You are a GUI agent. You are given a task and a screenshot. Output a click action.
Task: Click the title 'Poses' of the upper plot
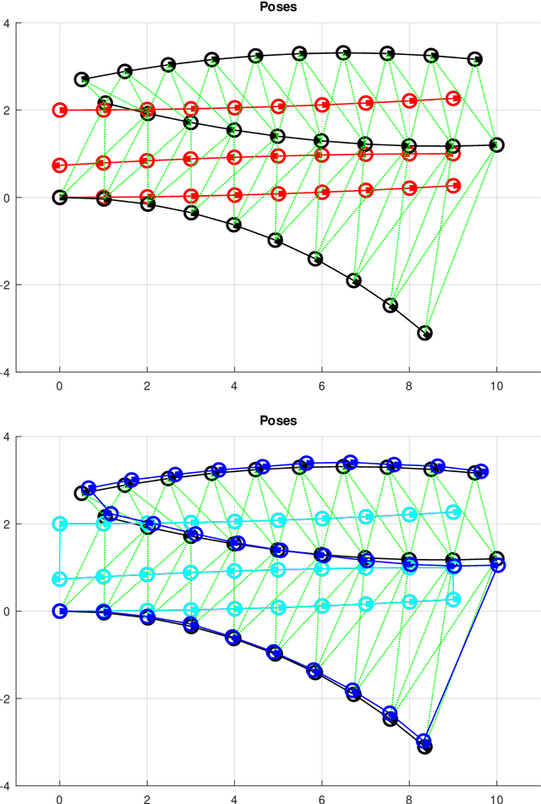[278, 7]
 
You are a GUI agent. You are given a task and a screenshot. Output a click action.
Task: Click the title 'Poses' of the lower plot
[278, 421]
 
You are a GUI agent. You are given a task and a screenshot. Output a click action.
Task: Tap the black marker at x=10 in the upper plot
[496, 145]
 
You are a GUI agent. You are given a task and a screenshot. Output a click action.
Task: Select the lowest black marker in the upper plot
[425, 333]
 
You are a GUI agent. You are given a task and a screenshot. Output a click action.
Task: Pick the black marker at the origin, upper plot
[60, 197]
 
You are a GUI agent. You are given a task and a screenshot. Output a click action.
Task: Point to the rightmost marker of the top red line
[453, 99]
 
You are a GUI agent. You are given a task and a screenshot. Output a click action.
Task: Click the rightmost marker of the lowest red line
[453, 185]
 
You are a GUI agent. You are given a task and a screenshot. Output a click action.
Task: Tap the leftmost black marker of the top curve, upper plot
[82, 79]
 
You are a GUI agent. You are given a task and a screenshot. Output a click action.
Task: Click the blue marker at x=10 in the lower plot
[498, 565]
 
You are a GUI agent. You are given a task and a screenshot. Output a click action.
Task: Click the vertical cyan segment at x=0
[60, 551]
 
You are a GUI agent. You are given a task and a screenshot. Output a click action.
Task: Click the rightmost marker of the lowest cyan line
[453, 599]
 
